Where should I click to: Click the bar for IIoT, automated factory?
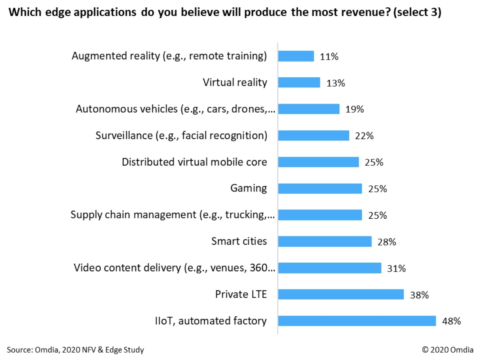pos(357,321)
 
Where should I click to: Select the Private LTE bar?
pos(341,294)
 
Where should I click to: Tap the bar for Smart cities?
pos(324,241)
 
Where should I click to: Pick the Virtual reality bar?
pos(299,82)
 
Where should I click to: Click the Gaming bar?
pos(319,188)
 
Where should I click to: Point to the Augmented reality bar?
pos(296,56)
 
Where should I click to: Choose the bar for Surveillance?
pos(313,136)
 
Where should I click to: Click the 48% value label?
pos(451,321)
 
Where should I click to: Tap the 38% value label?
pos(419,295)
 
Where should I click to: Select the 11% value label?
pos(329,57)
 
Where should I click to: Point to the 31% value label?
pos(396,268)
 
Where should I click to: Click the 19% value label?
pos(354,110)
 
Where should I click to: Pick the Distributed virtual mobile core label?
pos(194,162)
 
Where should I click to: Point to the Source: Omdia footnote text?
pos(75,350)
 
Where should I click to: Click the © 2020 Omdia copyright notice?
pos(447,350)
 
